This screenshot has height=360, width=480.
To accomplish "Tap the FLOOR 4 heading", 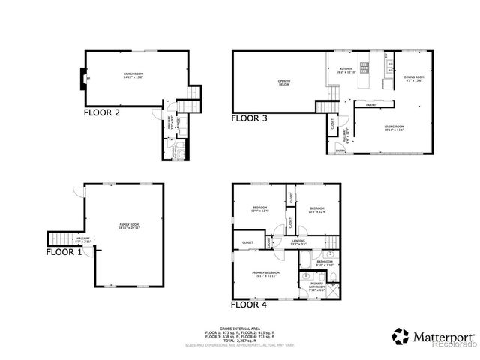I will click(248, 304).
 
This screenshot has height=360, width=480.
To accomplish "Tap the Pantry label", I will click(370, 105).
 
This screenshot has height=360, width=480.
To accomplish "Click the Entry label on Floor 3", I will click(340, 151).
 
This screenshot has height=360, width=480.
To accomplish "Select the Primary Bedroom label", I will click(265, 273).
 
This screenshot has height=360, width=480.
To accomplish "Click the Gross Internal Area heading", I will click(240, 328).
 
